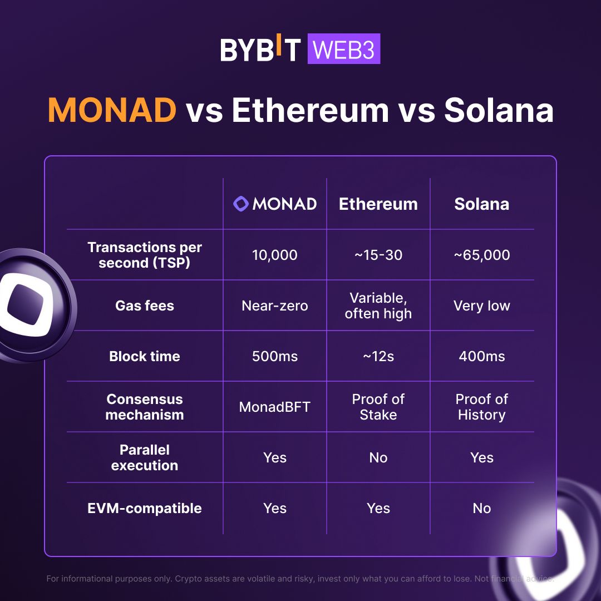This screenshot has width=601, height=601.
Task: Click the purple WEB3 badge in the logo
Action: (x=343, y=50)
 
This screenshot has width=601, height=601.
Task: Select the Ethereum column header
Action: (x=378, y=204)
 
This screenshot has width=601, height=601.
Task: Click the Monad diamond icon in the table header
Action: (x=240, y=204)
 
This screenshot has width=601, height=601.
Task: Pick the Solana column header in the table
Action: (x=481, y=204)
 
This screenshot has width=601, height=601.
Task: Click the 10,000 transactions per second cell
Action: (x=275, y=255)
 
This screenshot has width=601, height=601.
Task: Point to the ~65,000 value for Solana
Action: (x=481, y=255)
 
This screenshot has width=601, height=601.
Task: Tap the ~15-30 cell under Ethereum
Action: (x=378, y=255)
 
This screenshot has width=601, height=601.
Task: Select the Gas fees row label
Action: (x=145, y=306)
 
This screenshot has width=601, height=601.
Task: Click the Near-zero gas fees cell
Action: (x=275, y=306)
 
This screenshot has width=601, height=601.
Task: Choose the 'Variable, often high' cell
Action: (x=378, y=306)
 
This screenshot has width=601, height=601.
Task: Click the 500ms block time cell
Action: (x=275, y=356)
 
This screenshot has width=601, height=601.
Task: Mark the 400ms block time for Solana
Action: (x=481, y=356)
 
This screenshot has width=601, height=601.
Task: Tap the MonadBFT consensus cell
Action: (x=275, y=407)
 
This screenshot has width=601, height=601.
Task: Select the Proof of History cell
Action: (x=481, y=407)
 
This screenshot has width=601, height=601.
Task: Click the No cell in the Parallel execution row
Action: (x=378, y=457)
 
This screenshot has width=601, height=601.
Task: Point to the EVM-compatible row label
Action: (x=145, y=508)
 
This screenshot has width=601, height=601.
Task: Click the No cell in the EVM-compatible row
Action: (x=481, y=508)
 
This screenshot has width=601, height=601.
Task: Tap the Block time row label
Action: (x=145, y=356)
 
